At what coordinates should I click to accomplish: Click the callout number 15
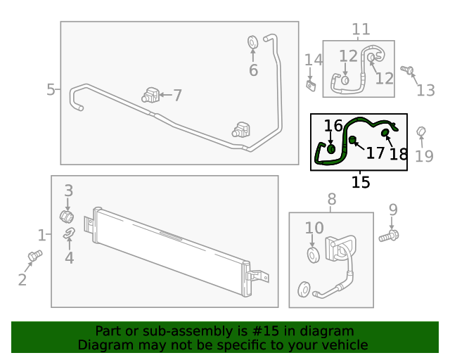[x=361, y=182]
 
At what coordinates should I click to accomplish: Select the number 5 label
[x=51, y=90]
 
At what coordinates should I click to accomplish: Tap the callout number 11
[x=361, y=30]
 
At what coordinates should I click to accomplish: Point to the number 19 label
[x=424, y=155]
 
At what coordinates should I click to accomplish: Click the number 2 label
[x=22, y=281]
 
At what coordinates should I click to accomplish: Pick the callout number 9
[x=393, y=210]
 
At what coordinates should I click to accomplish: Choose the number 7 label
[x=177, y=96]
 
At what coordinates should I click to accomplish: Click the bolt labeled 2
[x=34, y=255]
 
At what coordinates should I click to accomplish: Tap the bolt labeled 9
[x=388, y=236]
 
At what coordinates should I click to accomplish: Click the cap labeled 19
[x=422, y=131]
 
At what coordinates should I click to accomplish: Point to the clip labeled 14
[x=310, y=84]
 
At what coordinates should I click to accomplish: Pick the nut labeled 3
[x=67, y=214]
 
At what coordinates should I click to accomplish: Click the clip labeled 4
[x=69, y=234]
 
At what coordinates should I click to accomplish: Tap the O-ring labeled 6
[x=253, y=42]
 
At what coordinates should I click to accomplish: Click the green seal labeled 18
[x=385, y=133]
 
